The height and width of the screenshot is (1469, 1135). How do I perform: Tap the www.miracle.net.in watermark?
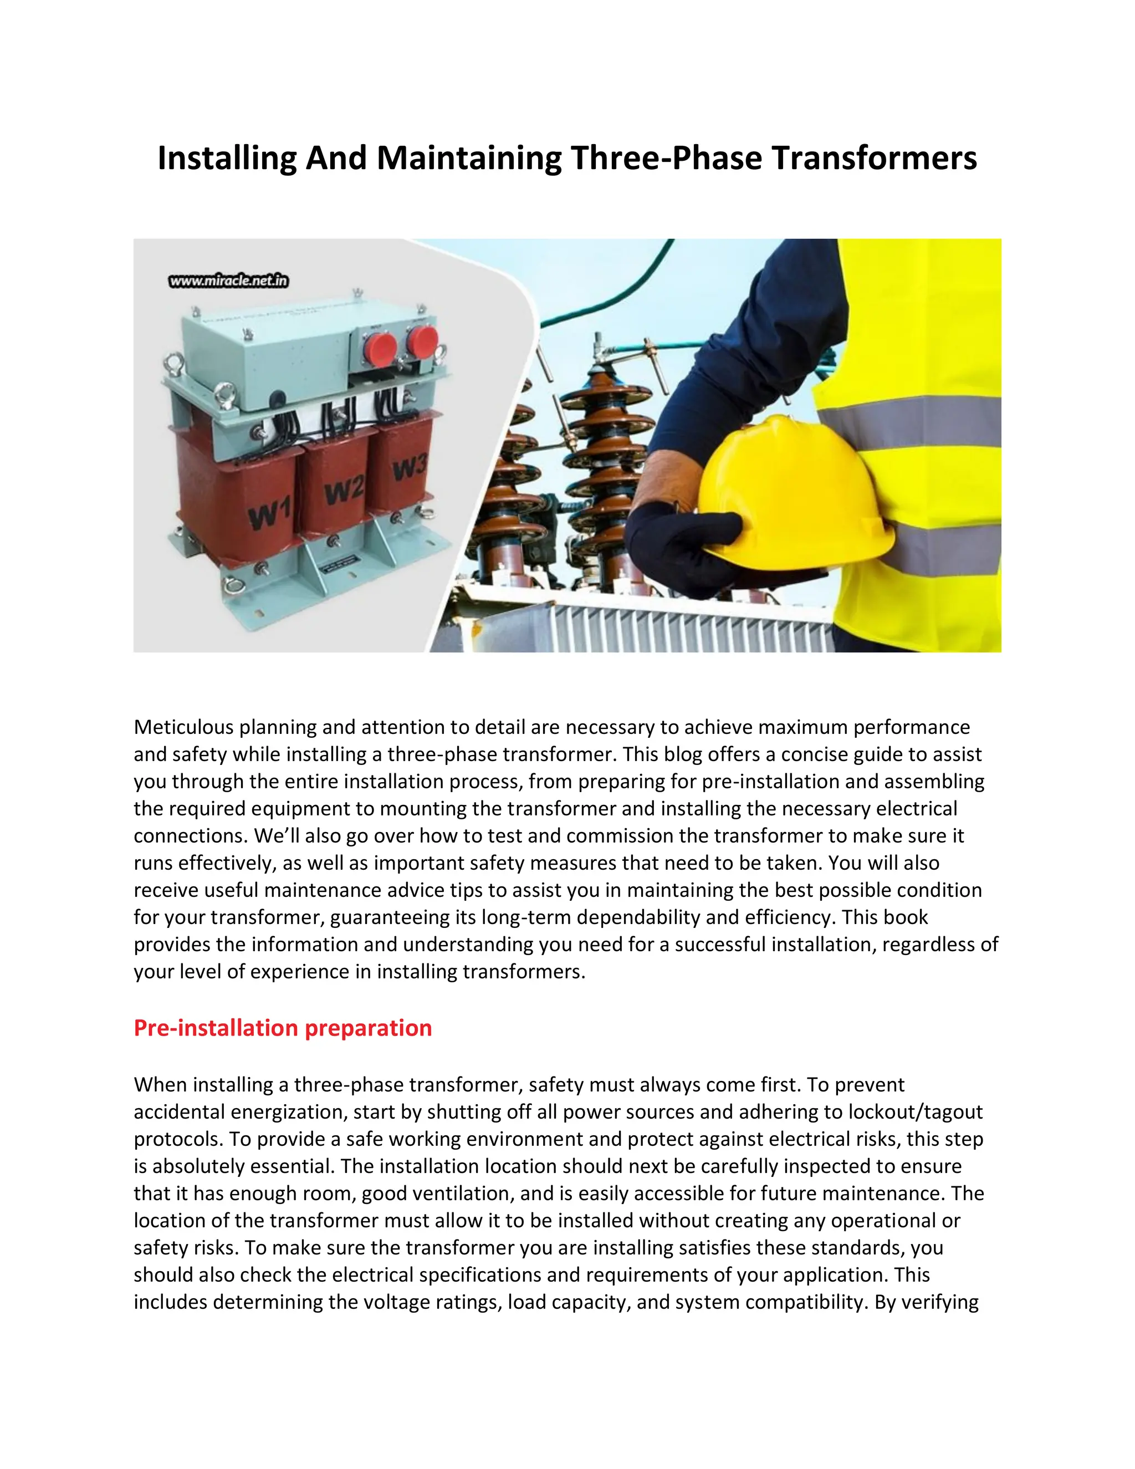[x=229, y=281]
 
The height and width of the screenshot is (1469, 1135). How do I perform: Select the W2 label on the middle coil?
[x=344, y=492]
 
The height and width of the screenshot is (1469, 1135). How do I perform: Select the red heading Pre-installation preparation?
[x=283, y=1028]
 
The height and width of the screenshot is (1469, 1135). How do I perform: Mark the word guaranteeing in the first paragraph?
[x=388, y=917]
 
